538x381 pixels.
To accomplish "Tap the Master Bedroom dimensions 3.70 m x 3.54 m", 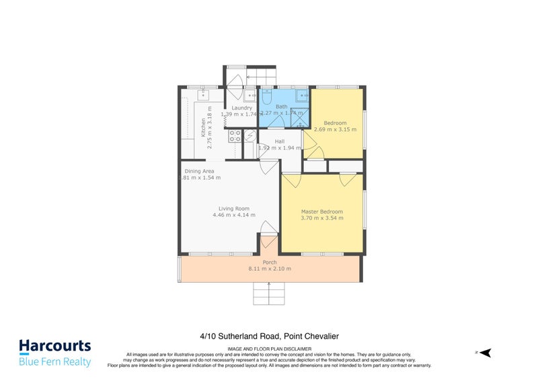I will pos(321,218).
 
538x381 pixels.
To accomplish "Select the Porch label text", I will pos(269,262).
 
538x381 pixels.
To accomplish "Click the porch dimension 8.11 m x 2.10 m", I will pos(269,269).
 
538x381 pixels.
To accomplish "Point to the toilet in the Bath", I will pos(266,98).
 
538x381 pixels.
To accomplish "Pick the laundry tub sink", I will pos(249,96).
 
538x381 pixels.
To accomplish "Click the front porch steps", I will pos(269,293).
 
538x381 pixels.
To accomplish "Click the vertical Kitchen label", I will pos(202,128).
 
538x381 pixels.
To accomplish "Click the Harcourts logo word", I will pos(54,346).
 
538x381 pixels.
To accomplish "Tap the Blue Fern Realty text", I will pos(54,362).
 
